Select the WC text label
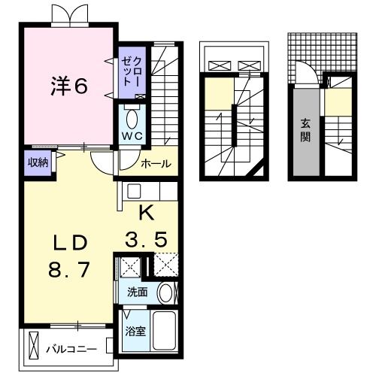pyautogui.click(x=132, y=136)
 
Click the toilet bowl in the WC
pyautogui.click(x=132, y=118)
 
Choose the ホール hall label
pyautogui.click(x=156, y=162)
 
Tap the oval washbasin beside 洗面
pyautogui.click(x=165, y=293)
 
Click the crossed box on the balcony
pyautogui.click(x=32, y=345)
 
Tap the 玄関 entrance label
pyautogui.click(x=306, y=130)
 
